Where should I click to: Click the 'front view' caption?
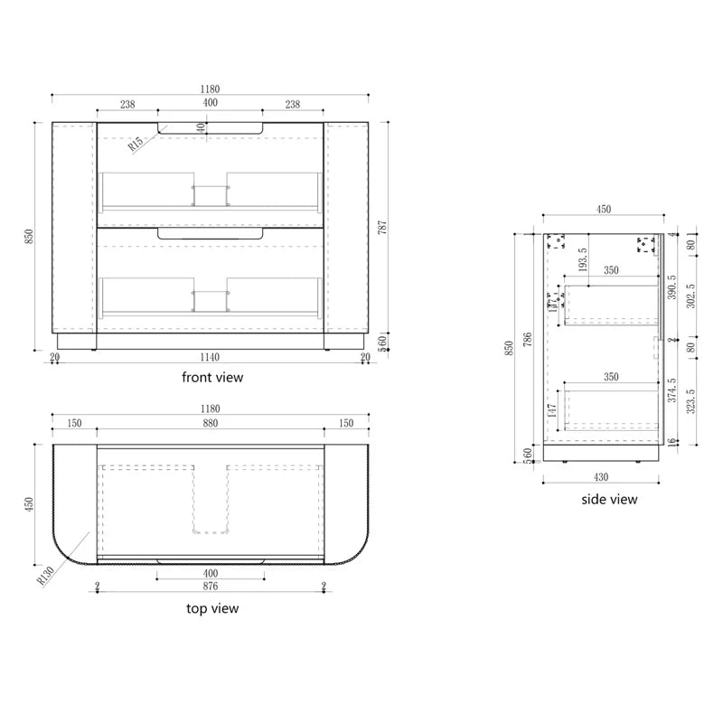(x=212, y=377)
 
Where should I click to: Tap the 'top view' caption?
(x=212, y=608)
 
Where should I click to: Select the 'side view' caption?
(x=609, y=499)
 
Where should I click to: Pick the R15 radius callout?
(x=136, y=143)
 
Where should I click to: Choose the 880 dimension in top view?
(x=210, y=422)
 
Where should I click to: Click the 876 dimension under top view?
(x=210, y=587)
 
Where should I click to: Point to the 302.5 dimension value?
(x=690, y=295)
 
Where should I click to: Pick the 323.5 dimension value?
(x=690, y=402)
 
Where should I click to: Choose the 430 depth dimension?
(x=601, y=476)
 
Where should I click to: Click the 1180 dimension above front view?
(x=210, y=89)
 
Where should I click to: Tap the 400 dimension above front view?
(x=210, y=104)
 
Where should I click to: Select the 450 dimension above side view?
(x=604, y=210)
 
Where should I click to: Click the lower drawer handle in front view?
(x=210, y=234)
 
